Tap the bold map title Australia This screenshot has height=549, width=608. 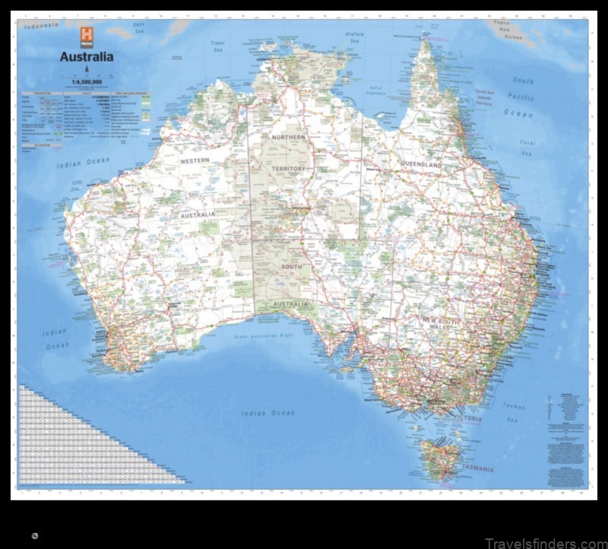[x=87, y=56]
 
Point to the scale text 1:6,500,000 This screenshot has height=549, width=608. [x=87, y=81]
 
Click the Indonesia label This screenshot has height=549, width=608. [x=42, y=26]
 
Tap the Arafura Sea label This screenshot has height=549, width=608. [x=355, y=35]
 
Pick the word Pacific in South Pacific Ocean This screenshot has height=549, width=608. [x=522, y=97]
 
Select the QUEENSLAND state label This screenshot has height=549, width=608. [x=421, y=164]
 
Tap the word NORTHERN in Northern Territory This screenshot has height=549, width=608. [x=288, y=137]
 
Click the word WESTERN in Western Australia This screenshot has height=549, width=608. [x=195, y=161]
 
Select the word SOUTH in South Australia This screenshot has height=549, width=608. [x=291, y=267]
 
